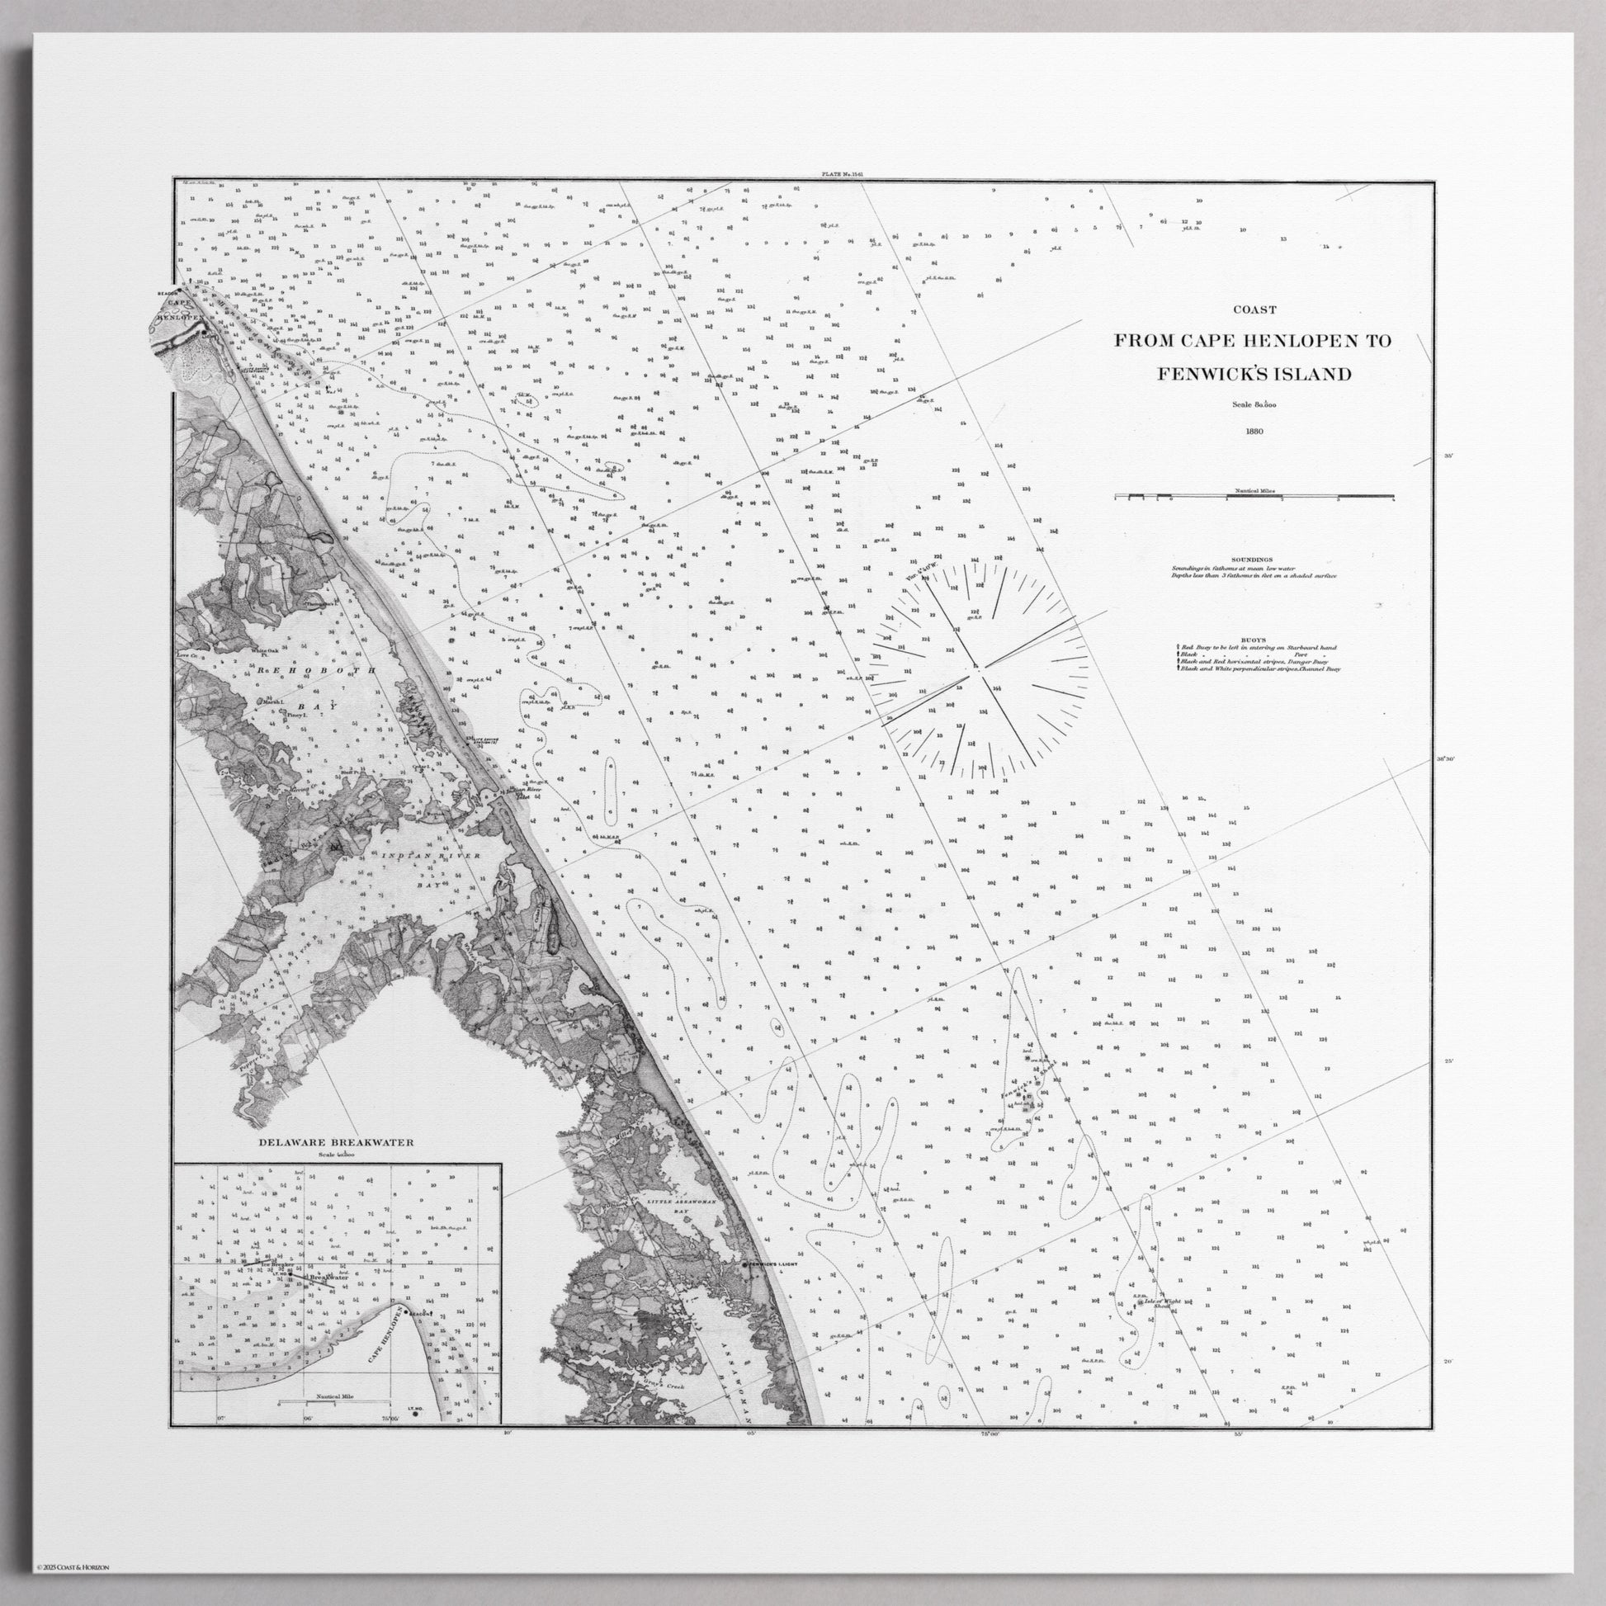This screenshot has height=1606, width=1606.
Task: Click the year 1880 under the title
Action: coord(1254,432)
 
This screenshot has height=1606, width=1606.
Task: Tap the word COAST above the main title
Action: coord(1254,310)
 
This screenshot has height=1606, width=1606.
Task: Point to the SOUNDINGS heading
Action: coord(1255,560)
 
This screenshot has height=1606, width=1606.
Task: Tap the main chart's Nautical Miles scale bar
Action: coord(1254,497)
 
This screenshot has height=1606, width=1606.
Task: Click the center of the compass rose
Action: coord(978,667)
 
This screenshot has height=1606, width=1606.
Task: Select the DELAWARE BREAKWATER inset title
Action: coord(336,1142)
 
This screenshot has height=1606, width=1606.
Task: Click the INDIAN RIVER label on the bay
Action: coord(435,855)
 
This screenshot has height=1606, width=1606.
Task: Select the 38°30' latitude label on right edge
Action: coord(1449,759)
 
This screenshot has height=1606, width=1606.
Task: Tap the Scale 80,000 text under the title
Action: coord(1254,405)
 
